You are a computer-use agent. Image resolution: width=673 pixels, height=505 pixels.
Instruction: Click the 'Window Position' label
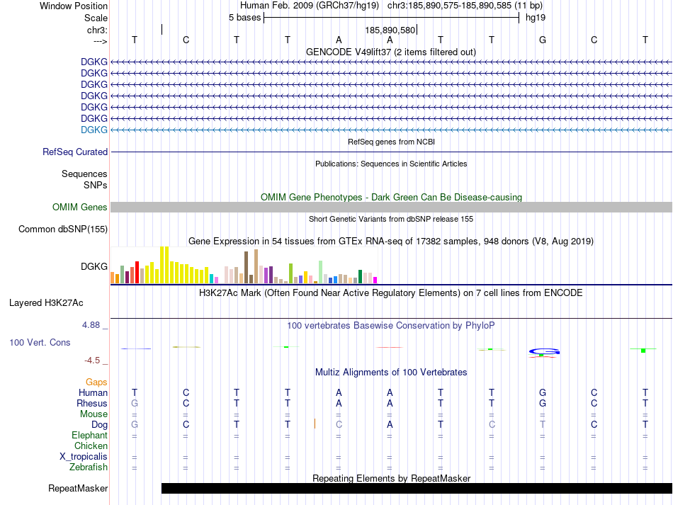coord(74,6)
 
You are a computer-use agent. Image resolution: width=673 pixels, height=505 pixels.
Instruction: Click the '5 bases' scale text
coord(244,17)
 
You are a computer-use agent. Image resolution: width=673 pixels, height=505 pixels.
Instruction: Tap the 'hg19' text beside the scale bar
coord(535,17)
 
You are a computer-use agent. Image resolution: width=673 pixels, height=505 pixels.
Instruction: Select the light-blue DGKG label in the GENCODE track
coord(94,130)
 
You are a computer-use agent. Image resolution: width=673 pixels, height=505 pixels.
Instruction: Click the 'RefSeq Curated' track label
coord(75,152)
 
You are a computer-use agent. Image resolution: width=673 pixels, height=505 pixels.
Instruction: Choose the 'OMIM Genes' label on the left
coord(80,208)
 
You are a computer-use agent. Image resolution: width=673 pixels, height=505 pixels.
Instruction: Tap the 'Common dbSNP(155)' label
coord(63,229)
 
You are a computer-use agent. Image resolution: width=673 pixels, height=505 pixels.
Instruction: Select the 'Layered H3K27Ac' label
coord(46,302)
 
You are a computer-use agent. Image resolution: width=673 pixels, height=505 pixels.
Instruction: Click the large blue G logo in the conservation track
coord(543,351)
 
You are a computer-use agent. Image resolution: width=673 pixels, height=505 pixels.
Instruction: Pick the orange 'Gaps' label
coord(96,382)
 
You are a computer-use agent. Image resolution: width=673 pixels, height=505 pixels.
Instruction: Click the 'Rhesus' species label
coord(92,403)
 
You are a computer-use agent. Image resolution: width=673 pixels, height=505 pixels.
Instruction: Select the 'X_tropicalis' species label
coord(84,456)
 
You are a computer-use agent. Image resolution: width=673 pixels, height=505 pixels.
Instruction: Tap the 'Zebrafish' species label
coord(89,467)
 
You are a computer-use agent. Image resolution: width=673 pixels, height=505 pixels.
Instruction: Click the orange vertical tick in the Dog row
coord(315,424)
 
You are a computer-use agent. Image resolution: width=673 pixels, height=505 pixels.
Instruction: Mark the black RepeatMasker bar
coord(417,488)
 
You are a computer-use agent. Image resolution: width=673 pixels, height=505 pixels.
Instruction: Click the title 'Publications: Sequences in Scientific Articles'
coord(391,164)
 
